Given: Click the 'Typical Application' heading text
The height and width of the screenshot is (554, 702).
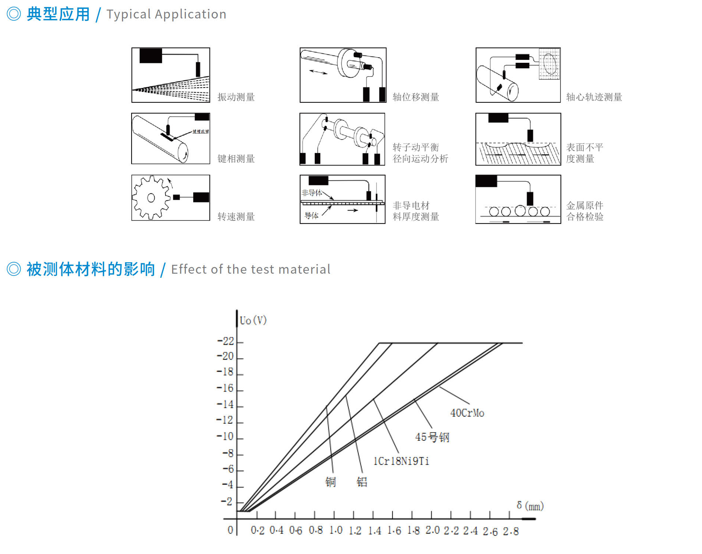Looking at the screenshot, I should pos(166,14).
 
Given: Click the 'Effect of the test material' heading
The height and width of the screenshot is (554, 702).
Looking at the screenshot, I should pos(251,269).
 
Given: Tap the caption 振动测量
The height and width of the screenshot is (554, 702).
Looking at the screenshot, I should pos(236,97).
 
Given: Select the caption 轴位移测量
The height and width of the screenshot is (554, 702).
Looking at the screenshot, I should pos(416,97).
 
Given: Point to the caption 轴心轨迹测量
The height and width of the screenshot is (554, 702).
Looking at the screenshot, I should pos(594,97).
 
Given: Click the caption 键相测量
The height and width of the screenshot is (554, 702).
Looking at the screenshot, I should pos(236,159).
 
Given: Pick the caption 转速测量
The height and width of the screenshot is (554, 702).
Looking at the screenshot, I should pos(236,217).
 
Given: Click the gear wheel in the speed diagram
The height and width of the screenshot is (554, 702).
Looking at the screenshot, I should pos(151,198).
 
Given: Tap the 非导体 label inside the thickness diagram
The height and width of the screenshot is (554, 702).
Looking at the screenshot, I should pos(311,193).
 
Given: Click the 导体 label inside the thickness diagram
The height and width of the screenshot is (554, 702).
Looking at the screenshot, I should pos(311,216).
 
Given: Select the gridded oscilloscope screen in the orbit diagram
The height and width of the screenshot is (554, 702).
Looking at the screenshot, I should pos(549,64).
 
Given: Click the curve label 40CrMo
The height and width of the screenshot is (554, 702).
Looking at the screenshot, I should pos(467,413).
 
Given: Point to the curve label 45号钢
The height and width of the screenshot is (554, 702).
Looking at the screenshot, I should pos(432,437).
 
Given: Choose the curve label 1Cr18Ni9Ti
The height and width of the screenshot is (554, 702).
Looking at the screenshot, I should pos(401,461).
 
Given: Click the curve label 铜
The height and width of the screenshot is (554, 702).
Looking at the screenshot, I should pos(331,482).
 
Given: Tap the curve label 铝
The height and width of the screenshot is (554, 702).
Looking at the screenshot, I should pos(362,482).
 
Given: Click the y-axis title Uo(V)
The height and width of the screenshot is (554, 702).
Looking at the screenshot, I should pos(253,320).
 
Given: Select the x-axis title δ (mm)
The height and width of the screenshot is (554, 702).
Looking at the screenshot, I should pos(530,506).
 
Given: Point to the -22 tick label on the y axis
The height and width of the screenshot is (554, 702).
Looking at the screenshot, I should pos(226,341).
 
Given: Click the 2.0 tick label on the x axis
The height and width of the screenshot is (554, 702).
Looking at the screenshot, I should pos(432,530).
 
